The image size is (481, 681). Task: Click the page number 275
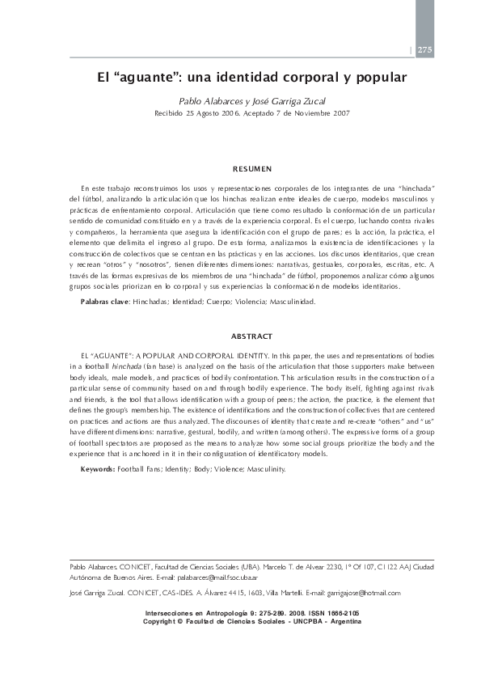point(425,50)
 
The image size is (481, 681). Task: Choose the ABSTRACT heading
point(252,336)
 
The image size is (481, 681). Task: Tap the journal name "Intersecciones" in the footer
point(170,615)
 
